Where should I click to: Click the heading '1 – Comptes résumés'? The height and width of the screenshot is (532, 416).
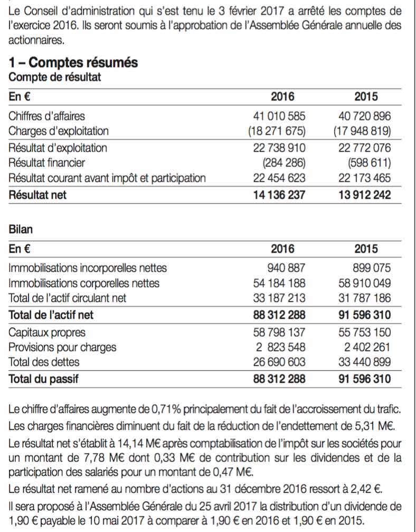(73, 63)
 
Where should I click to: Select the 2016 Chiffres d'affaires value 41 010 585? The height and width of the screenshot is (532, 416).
(279, 116)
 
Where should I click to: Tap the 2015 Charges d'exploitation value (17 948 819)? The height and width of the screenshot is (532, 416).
(362, 131)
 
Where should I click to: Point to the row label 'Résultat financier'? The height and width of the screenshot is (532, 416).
(47, 163)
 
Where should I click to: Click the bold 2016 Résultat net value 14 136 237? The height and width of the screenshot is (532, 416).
(279, 195)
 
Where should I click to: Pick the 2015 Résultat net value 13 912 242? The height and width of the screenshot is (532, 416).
(364, 195)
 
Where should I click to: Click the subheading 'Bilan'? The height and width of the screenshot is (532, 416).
(21, 229)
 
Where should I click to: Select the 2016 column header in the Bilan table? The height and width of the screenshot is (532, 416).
(282, 249)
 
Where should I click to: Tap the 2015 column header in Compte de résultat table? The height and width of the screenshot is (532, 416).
(366, 97)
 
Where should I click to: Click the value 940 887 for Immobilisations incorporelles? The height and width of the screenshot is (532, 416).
(286, 268)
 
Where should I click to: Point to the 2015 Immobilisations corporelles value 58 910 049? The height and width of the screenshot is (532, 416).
(364, 283)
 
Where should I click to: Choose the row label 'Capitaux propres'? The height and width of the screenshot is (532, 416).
(47, 333)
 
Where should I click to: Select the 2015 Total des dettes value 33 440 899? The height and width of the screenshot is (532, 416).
(364, 362)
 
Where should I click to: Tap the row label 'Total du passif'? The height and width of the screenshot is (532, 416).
(43, 379)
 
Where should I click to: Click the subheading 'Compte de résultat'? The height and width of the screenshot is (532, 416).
(55, 77)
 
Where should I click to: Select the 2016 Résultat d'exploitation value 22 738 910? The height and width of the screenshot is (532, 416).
(279, 148)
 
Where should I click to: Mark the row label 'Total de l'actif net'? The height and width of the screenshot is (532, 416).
(51, 315)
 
